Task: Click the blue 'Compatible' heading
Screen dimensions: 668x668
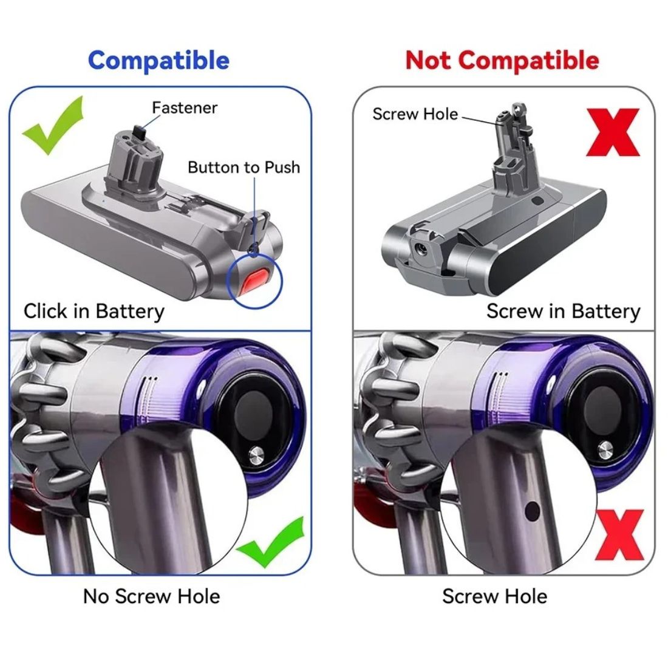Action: pyautogui.click(x=158, y=61)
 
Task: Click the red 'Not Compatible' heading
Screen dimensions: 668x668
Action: pyautogui.click(x=502, y=60)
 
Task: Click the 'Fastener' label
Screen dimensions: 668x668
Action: pyautogui.click(x=185, y=107)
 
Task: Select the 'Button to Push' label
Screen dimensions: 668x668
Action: pyautogui.click(x=244, y=167)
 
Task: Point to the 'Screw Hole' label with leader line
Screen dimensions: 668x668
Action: pyautogui.click(x=415, y=114)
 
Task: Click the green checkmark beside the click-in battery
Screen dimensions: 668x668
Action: pyautogui.click(x=53, y=125)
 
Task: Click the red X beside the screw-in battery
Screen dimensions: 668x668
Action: pyautogui.click(x=613, y=132)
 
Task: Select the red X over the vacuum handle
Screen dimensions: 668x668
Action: pyautogui.click(x=619, y=535)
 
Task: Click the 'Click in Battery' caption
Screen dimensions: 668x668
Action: pyautogui.click(x=94, y=312)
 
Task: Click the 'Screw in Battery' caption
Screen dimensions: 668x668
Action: pyautogui.click(x=563, y=312)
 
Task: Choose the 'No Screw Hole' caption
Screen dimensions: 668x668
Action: pyautogui.click(x=151, y=596)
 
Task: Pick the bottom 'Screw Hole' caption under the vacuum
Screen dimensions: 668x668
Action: pyautogui.click(x=494, y=596)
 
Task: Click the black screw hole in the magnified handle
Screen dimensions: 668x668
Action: pyautogui.click(x=533, y=511)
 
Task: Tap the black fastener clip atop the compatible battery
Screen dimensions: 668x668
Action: pyautogui.click(x=140, y=132)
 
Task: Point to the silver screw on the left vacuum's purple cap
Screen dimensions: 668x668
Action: pyautogui.click(x=256, y=455)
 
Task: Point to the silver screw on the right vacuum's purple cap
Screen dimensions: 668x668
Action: pyautogui.click(x=605, y=451)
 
